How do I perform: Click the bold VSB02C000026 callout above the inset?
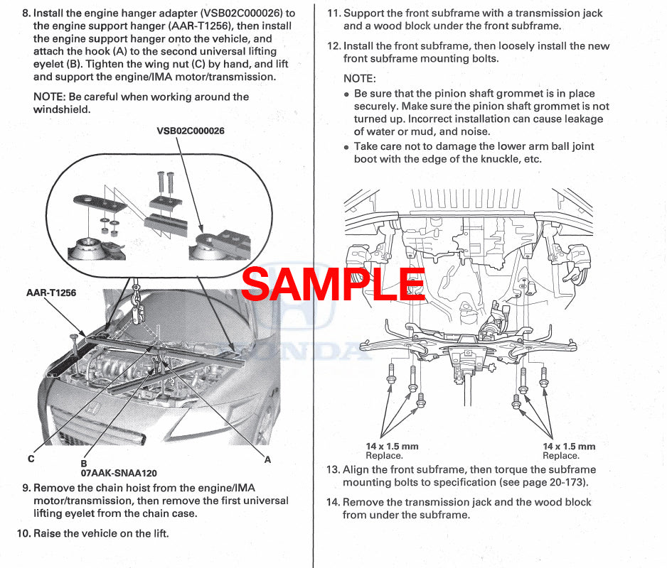[191, 131]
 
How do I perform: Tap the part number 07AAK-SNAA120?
[119, 473]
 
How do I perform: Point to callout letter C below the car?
[31, 459]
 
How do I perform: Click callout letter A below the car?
[267, 459]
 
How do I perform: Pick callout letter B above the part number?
[84, 463]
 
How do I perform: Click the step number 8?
[26, 13]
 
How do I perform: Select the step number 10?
[23, 533]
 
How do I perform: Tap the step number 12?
[333, 46]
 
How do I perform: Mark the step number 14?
[333, 502]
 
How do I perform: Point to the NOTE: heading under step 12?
[360, 79]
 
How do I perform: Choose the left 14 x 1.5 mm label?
[392, 447]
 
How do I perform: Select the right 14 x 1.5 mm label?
[569, 447]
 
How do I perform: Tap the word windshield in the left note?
[62, 110]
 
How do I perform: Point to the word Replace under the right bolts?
[560, 456]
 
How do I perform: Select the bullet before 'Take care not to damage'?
[347, 148]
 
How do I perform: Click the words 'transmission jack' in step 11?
[561, 13]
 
